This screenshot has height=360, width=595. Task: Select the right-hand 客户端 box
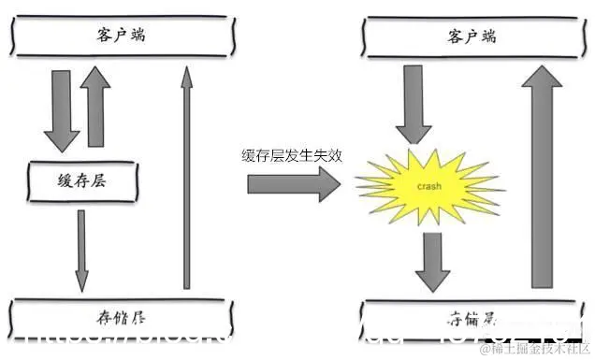468,38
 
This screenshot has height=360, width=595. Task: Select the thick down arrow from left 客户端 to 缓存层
63,109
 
